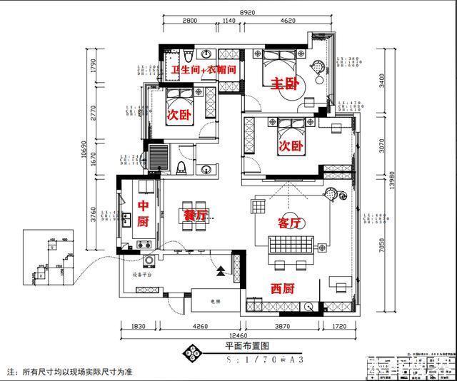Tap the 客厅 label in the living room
pyautogui.click(x=290, y=223)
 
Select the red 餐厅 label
pyautogui.click(x=195, y=214)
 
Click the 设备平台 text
pyautogui.click(x=142, y=273)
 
